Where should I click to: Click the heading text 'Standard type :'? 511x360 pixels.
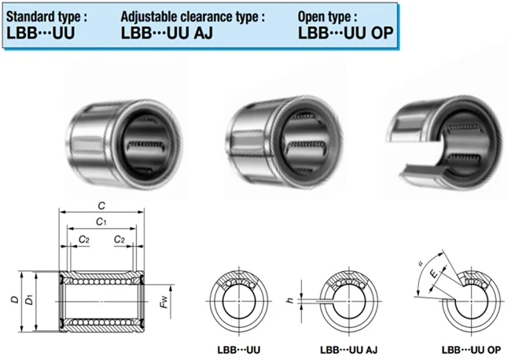46,17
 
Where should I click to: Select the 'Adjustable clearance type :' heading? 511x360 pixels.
193,17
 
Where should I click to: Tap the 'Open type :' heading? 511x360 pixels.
327,17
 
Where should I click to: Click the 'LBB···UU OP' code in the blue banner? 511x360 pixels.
345,33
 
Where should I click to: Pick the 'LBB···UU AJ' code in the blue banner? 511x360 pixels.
167,33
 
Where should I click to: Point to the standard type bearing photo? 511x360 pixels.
124,145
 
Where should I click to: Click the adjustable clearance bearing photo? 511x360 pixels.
284,143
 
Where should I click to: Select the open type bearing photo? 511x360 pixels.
444,143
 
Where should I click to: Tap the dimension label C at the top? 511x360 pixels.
101,206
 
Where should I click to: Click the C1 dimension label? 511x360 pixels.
101,222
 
